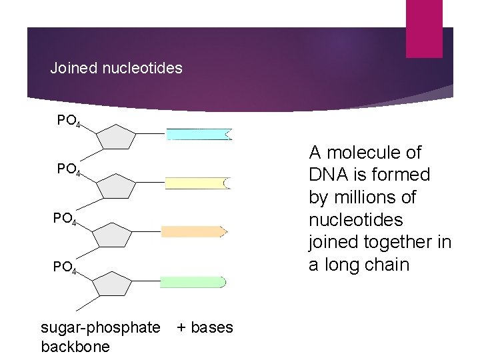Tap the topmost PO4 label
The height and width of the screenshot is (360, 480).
tap(69, 121)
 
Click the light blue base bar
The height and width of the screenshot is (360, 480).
tap(198, 134)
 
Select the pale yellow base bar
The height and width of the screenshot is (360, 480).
tap(197, 183)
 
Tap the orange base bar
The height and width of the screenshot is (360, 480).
tap(193, 231)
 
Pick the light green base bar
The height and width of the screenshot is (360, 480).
tap(193, 281)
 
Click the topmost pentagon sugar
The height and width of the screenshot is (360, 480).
tap(116, 138)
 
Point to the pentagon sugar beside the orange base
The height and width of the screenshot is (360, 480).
tap(113, 235)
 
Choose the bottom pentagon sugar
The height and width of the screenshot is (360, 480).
tap(113, 285)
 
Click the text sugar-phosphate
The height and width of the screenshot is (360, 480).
tap(101, 327)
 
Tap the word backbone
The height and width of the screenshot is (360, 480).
tap(75, 347)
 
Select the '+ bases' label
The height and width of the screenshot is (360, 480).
tap(205, 327)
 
